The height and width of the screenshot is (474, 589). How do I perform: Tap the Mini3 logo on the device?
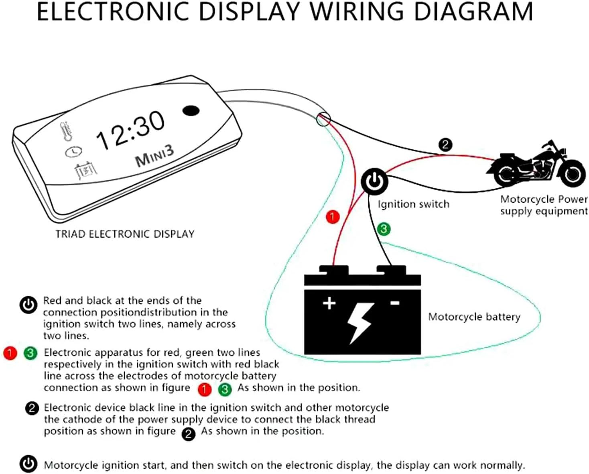154,156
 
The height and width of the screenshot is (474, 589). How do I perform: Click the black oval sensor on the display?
191,111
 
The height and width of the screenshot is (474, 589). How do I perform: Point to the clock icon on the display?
73,152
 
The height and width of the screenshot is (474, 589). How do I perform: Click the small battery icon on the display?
86,172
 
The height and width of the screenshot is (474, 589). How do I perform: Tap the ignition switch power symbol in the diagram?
375,181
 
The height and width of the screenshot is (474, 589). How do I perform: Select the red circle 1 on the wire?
332,217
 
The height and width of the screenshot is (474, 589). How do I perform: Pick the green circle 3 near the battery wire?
384,229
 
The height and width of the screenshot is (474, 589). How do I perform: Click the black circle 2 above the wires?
445,144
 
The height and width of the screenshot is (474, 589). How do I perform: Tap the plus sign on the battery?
329,303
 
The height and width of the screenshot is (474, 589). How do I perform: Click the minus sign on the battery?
395,303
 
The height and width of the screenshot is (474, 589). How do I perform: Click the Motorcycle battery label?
474,317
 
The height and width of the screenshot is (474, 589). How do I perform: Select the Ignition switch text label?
413,204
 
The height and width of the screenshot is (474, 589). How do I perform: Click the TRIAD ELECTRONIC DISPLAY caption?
125,234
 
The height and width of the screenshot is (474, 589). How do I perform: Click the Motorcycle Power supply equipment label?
544,205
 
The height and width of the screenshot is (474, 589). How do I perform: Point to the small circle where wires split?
323,119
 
